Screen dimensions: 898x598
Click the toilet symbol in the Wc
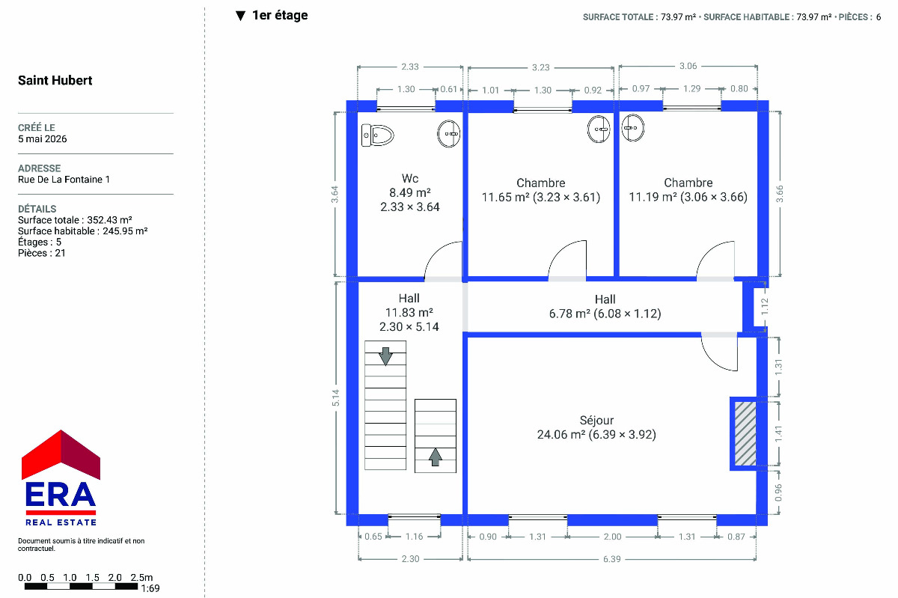[x=377, y=135]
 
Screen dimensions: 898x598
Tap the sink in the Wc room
[x=448, y=133]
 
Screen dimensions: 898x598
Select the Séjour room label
[x=596, y=421]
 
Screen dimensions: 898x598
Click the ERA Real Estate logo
[x=61, y=478]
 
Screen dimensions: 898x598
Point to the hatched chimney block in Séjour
[x=745, y=433]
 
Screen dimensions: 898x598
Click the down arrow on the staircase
[x=385, y=356]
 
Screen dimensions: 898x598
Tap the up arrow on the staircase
[x=436, y=457]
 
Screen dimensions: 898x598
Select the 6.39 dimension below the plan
[x=612, y=558]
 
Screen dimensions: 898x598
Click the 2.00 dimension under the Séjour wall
[x=612, y=537]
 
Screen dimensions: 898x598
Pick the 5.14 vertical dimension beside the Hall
[x=335, y=398]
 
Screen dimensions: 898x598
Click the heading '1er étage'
[x=280, y=15]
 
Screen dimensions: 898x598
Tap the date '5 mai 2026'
[x=43, y=138]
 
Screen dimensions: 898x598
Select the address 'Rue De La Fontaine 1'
[x=64, y=180]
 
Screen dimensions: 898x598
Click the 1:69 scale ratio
[x=150, y=588]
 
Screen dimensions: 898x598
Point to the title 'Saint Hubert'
[x=55, y=80]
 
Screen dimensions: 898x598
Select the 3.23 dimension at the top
[x=541, y=67]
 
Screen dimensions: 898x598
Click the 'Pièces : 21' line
[x=42, y=253]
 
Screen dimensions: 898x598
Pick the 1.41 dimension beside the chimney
[x=778, y=434]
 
